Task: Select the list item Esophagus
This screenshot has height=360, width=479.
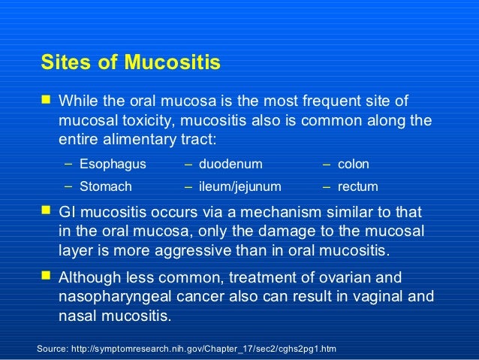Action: coord(113,163)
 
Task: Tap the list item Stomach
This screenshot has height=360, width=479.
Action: coord(106,186)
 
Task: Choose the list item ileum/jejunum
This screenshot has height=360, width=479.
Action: coord(240,186)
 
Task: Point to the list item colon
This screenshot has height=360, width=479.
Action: coord(354,163)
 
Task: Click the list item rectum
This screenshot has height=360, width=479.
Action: coord(358,186)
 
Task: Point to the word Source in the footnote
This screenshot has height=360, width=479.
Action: coord(55,349)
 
